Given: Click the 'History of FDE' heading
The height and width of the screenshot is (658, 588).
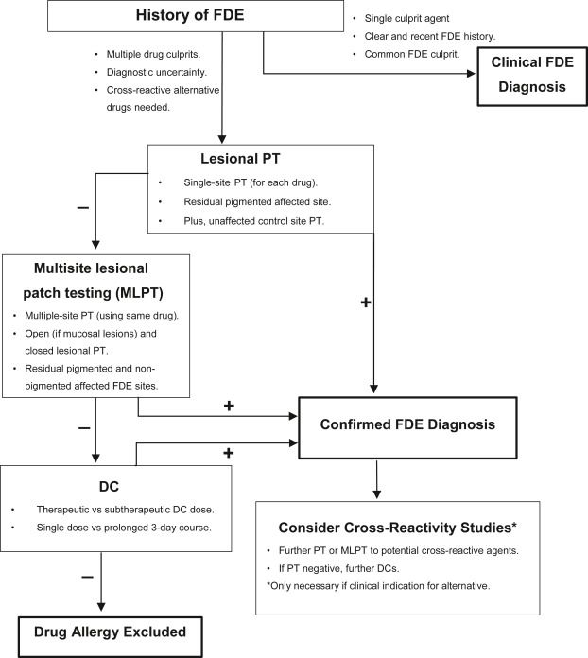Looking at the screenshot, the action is click(x=190, y=15).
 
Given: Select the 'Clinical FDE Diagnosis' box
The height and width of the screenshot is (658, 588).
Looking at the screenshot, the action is click(x=532, y=76).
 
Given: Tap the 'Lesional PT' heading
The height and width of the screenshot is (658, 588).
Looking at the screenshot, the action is click(x=240, y=159).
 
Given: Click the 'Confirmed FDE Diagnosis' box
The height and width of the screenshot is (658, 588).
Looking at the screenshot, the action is click(x=407, y=427).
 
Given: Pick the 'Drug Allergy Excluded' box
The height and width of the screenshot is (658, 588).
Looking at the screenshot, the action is click(x=110, y=636).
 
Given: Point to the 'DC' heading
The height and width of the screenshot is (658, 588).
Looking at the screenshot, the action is click(x=109, y=486).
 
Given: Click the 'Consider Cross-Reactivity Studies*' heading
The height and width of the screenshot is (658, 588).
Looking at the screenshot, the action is click(x=397, y=528).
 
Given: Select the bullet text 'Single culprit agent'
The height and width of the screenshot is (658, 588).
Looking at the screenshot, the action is click(x=406, y=19).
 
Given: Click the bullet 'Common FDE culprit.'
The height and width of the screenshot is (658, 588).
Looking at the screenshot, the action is click(x=412, y=54).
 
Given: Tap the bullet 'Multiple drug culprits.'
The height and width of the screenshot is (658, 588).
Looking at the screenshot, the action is click(x=153, y=54).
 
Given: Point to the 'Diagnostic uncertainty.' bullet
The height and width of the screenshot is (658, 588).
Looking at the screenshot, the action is click(x=157, y=72).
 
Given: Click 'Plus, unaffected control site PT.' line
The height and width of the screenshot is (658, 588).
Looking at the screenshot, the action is click(x=254, y=221).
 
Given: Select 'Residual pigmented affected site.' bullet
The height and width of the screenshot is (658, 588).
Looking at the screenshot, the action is click(x=257, y=202).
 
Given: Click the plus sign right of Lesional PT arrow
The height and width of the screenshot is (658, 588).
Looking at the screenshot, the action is click(x=366, y=303).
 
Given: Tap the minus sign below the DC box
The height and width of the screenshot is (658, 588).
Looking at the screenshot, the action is click(x=87, y=577).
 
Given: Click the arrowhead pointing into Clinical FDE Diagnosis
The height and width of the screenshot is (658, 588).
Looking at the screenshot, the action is click(x=471, y=74).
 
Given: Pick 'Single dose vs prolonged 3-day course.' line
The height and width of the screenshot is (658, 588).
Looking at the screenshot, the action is click(x=124, y=528).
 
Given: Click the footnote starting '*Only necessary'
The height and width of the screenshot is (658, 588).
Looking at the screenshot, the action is click(x=378, y=586).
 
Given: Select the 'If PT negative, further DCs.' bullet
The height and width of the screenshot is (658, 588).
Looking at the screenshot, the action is click(x=338, y=568).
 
